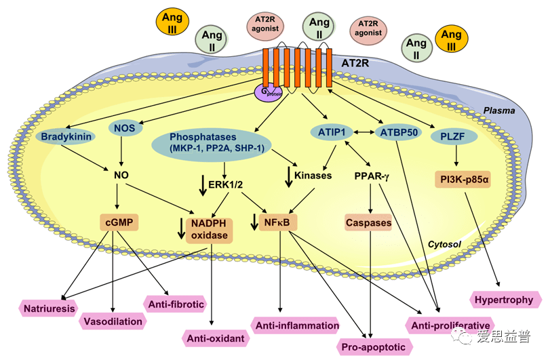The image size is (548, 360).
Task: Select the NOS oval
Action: point(125,127)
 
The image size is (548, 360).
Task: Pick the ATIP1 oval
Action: point(330,133)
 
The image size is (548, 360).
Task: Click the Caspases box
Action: point(368,223)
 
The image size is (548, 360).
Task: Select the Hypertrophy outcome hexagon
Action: point(505,299)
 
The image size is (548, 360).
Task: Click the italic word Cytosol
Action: point(444,243)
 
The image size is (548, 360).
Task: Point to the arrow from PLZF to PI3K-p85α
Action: point(456,158)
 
